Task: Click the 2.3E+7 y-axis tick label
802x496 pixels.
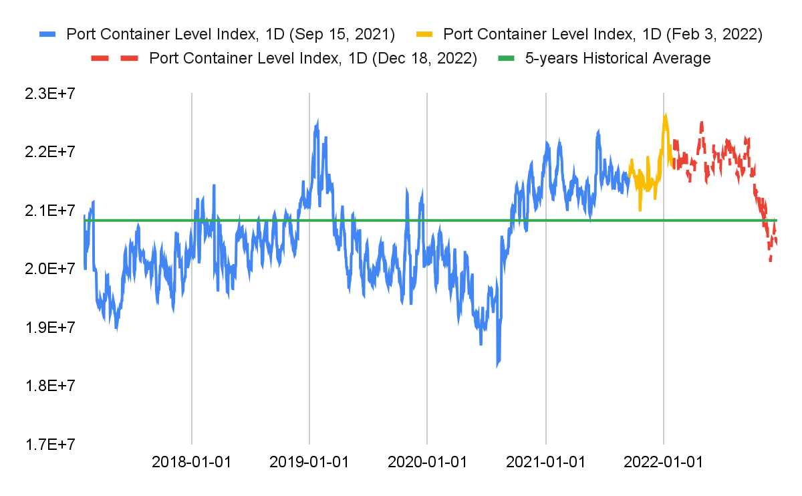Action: coord(49,94)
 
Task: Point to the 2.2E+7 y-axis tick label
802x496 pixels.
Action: coord(49,152)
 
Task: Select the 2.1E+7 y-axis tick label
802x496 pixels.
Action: coord(49,211)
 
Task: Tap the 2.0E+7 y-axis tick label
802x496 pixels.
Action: coord(49,269)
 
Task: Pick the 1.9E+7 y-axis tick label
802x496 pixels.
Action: coord(49,327)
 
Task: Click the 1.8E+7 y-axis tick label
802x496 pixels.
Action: coord(49,386)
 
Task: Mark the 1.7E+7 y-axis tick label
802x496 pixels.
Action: coord(49,444)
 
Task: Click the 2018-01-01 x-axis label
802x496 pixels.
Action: coord(192,462)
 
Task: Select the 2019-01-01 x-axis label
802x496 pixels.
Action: coord(309,462)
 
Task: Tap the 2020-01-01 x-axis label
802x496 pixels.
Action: coord(426,462)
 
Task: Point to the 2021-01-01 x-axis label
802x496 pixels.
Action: coord(545,462)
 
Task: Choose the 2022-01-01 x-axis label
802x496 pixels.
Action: coord(663,462)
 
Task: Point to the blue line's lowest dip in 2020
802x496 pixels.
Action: coord(497,366)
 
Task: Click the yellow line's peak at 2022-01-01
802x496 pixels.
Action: coord(665,115)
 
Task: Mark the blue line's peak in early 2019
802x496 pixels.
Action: coord(317,121)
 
